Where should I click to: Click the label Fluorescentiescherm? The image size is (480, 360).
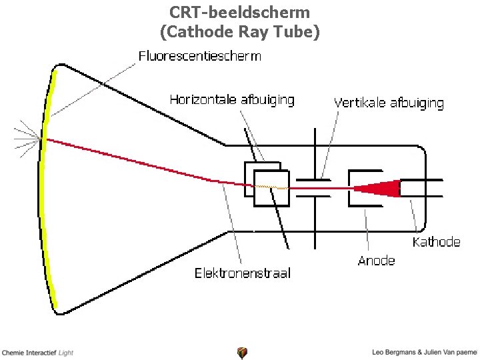(x=199, y=56)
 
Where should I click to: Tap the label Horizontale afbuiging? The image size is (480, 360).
(x=231, y=100)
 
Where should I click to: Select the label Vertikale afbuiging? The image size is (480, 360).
(x=388, y=103)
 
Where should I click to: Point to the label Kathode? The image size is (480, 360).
(x=436, y=242)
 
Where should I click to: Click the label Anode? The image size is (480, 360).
(x=377, y=261)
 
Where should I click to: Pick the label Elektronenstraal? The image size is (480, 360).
(x=242, y=273)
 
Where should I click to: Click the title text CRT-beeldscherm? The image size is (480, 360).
(x=239, y=12)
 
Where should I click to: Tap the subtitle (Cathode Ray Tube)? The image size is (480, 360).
(x=239, y=31)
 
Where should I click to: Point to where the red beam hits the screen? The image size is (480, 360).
(x=44, y=139)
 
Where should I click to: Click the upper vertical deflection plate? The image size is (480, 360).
(x=313, y=179)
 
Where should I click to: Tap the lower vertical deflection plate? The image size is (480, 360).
(x=313, y=198)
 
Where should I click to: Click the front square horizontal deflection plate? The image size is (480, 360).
(x=271, y=188)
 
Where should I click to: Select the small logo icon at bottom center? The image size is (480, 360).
(x=242, y=353)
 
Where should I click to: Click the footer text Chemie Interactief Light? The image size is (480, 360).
(x=37, y=353)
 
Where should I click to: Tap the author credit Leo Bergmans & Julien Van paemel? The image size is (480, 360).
(x=425, y=352)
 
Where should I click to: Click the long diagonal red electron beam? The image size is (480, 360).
(x=133, y=161)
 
